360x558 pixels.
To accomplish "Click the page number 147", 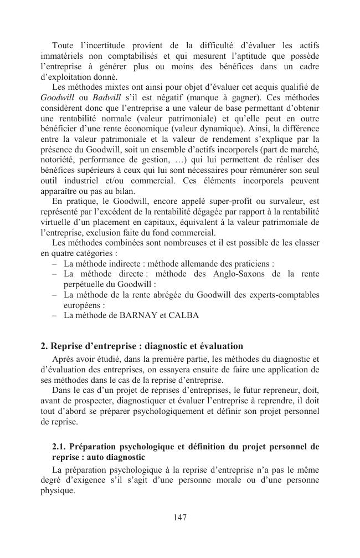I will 180,518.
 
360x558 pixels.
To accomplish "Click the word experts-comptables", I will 287,295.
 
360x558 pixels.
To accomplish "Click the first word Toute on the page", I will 63,45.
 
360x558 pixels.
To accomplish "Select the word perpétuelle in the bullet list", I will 86,284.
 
